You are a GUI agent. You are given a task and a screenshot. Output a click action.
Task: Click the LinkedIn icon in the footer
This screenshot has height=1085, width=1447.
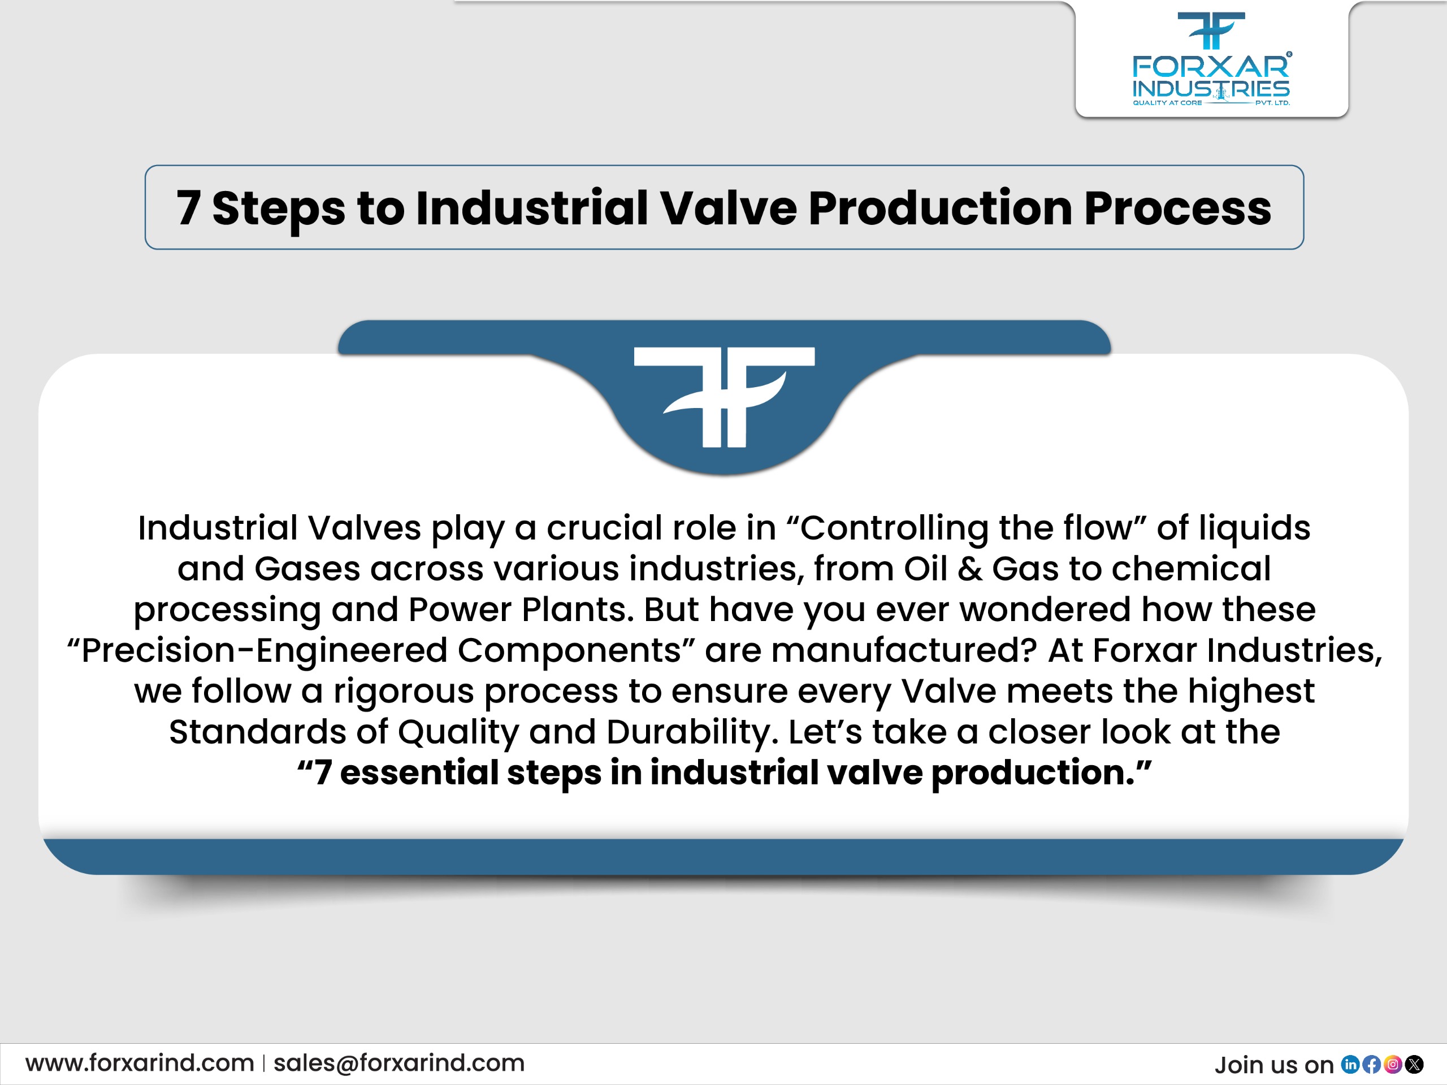(x=1350, y=1065)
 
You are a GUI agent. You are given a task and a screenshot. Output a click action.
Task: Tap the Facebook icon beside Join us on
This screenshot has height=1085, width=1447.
(x=1372, y=1065)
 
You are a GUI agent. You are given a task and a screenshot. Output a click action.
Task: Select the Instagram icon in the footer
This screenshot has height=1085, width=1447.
(x=1393, y=1065)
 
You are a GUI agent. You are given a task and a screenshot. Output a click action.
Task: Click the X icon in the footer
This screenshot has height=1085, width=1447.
(x=1414, y=1065)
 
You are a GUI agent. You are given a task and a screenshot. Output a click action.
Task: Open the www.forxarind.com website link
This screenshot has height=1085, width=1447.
(x=140, y=1064)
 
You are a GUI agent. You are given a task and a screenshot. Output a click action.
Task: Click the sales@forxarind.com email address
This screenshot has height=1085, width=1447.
(x=399, y=1064)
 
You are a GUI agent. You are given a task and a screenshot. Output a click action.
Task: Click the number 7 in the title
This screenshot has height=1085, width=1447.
(x=188, y=209)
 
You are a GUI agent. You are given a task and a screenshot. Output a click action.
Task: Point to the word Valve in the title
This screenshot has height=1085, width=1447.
(x=727, y=209)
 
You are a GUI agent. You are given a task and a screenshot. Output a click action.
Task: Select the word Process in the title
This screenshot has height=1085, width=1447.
(x=1177, y=209)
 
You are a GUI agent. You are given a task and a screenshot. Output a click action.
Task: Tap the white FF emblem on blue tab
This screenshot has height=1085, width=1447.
(x=724, y=396)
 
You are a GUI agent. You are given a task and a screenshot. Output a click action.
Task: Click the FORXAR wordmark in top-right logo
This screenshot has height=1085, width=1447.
(x=1211, y=67)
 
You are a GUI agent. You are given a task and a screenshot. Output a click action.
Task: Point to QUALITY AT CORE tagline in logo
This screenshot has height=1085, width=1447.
(x=1167, y=103)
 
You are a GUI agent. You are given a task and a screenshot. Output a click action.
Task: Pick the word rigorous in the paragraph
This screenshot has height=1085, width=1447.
(x=404, y=691)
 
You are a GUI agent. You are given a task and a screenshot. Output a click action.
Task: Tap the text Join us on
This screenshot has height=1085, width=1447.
(x=1273, y=1065)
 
